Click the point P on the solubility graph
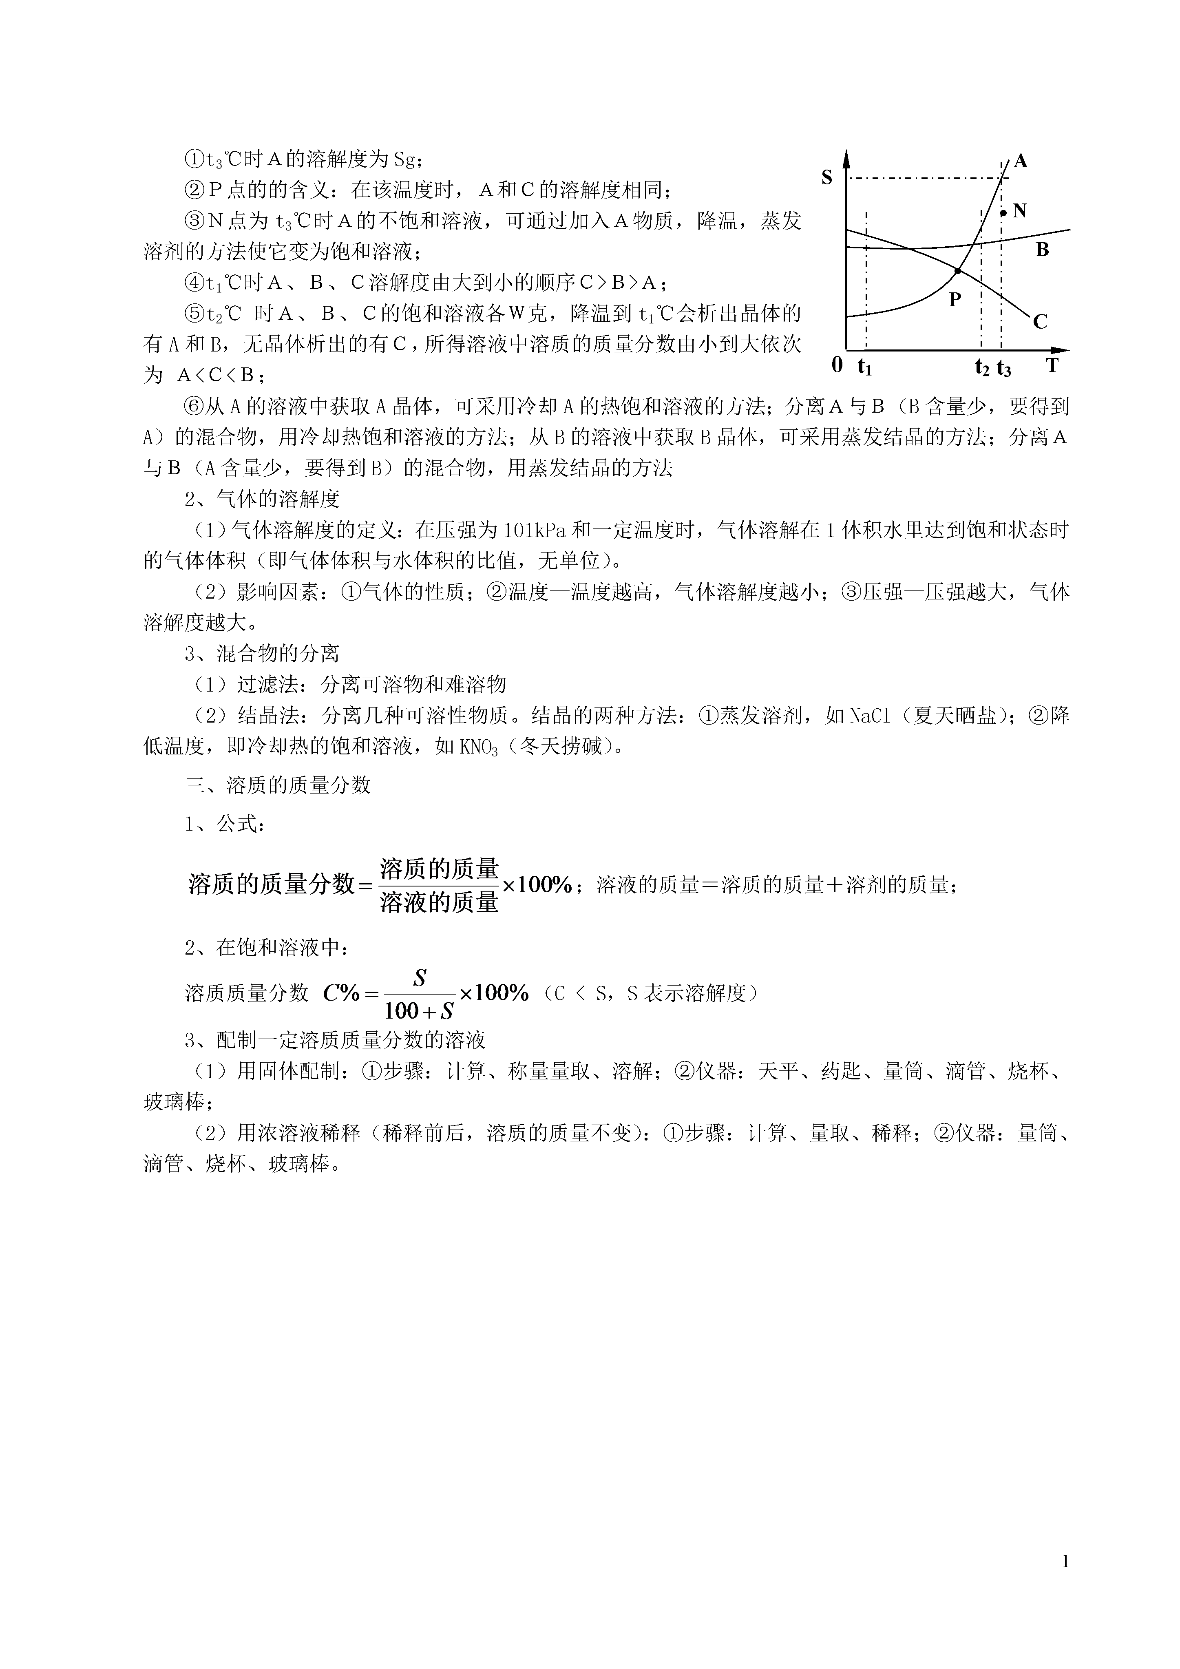pyautogui.click(x=957, y=270)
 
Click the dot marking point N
pyautogui.click(x=1003, y=213)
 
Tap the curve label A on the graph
pyautogui.click(x=1021, y=161)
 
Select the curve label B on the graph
pyautogui.click(x=1042, y=250)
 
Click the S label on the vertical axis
pyautogui.click(x=826, y=177)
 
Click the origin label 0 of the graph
pyautogui.click(x=837, y=365)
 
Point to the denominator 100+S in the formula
pyautogui.click(x=419, y=1010)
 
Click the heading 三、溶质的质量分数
pyautogui.click(x=278, y=785)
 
